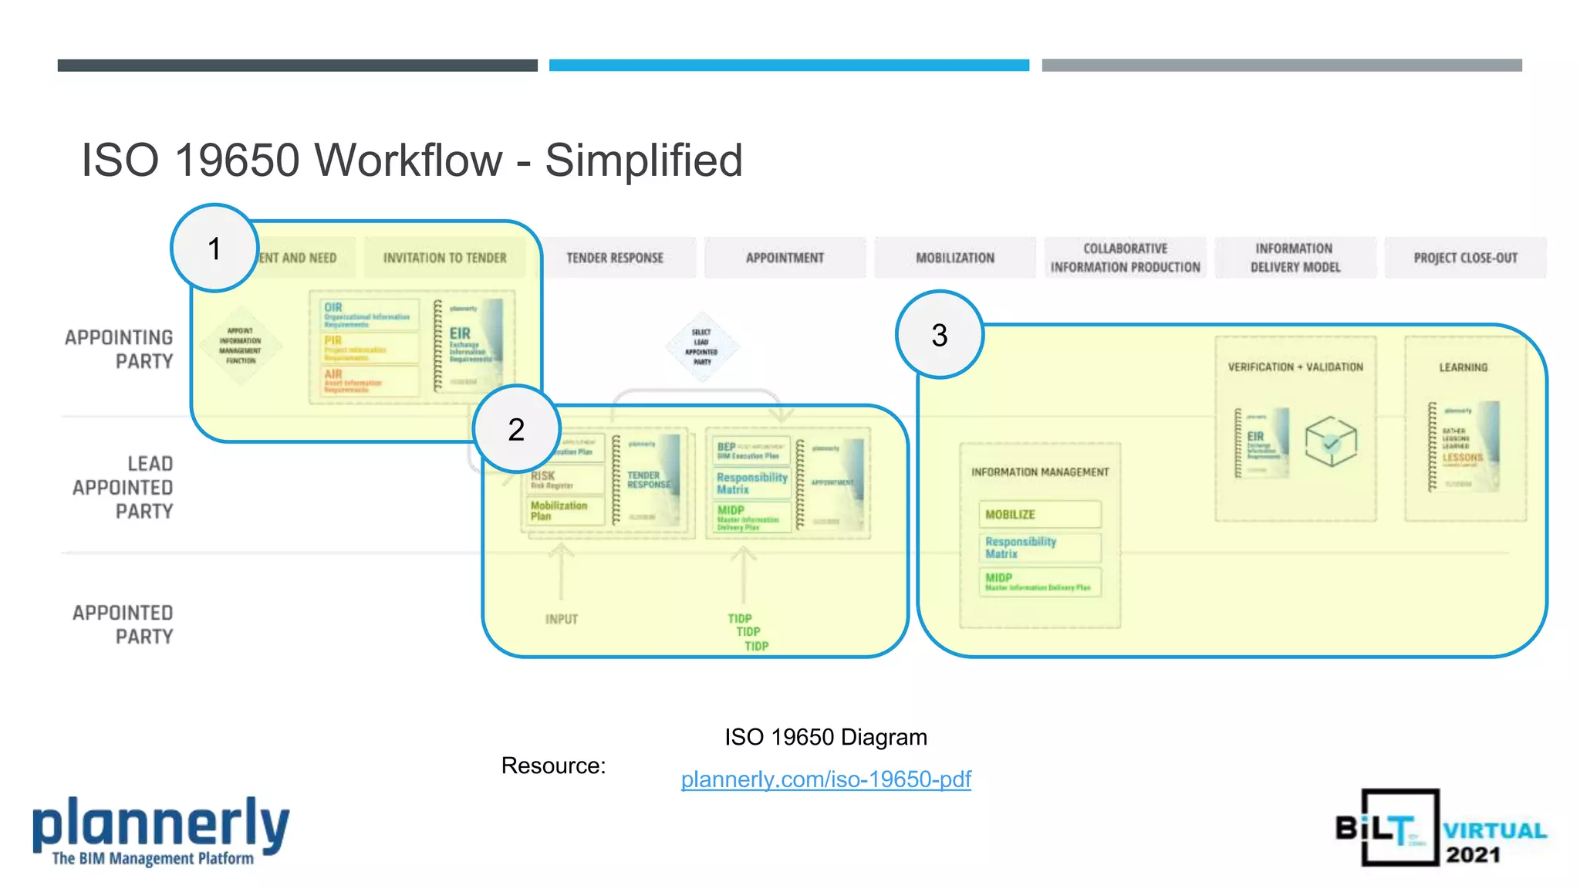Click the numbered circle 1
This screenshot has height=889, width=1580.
[214, 248]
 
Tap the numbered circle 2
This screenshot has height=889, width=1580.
[516, 429]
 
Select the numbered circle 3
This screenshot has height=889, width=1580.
[939, 335]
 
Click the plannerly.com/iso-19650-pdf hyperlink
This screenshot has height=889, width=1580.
[825, 779]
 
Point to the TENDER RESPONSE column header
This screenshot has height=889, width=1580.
[615, 258]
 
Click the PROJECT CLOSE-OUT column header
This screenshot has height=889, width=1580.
[1465, 258]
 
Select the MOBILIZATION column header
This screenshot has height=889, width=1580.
[955, 258]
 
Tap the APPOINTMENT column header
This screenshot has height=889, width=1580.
[785, 258]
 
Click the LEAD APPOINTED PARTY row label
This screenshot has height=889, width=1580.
[123, 487]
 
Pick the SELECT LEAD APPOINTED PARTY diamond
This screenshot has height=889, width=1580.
[701, 347]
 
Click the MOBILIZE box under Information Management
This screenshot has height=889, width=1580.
[1039, 515]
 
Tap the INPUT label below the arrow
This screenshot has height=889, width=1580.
[561, 619]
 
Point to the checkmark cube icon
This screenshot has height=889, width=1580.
[1330, 441]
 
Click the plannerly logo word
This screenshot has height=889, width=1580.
[160, 824]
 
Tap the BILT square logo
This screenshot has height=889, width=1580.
[1399, 827]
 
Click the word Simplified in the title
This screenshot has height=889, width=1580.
[643, 161]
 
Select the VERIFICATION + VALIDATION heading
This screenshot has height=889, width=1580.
[1295, 367]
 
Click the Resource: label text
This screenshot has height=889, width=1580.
[553, 766]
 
